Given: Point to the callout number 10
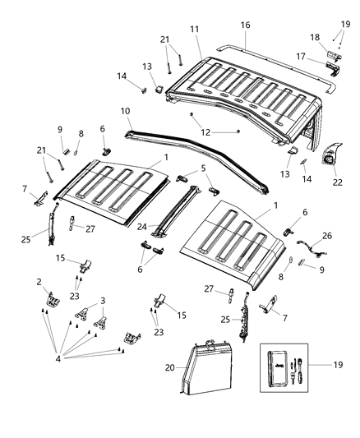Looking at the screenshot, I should (x=125, y=110).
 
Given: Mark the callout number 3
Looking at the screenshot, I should (x=103, y=301).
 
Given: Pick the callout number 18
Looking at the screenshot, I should (x=315, y=38).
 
